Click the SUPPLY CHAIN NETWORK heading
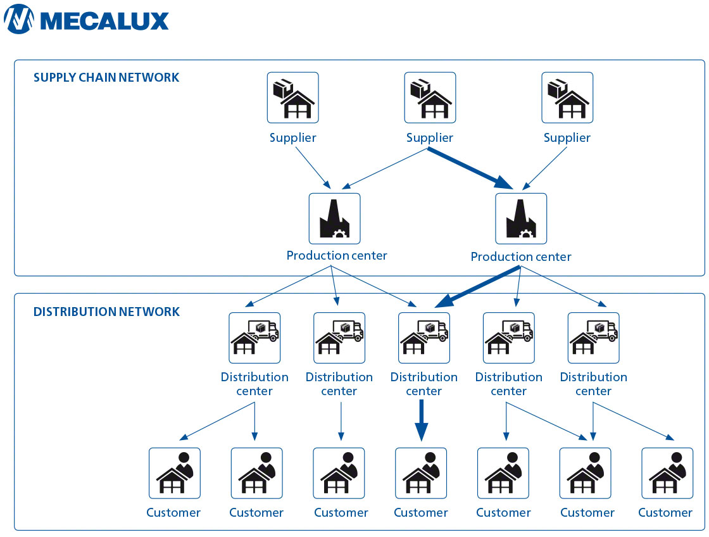[106, 78]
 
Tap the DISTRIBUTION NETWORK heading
[106, 312]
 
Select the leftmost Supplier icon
[292, 98]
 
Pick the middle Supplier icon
[430, 98]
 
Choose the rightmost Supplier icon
[567, 98]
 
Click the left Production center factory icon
[334, 218]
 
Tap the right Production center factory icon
[521, 218]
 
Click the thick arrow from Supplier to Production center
[472, 168]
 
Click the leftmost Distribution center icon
[254, 338]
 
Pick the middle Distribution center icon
[424, 338]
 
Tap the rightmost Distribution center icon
[593, 338]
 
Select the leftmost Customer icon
[174, 473]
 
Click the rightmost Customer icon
[667, 473]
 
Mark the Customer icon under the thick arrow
[421, 473]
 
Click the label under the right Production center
[521, 257]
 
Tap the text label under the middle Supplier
[430, 138]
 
